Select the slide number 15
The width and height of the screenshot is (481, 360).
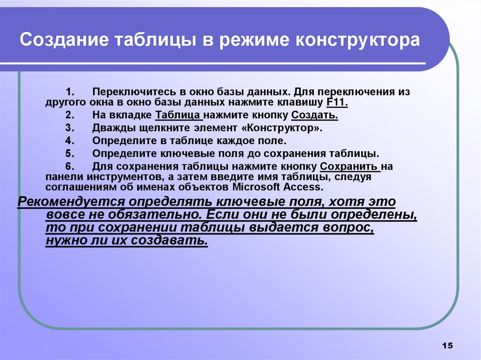(447, 346)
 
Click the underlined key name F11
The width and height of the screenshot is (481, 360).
(336, 102)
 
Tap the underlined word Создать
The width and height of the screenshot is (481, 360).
(315, 115)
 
